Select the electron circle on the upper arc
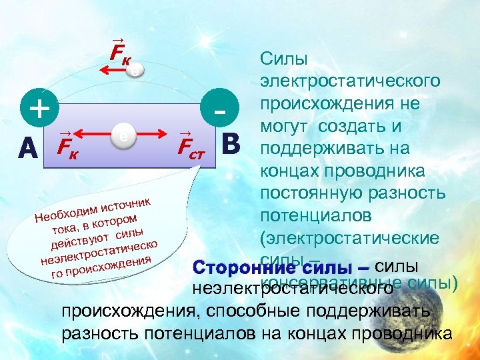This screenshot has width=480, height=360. click(135, 69)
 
